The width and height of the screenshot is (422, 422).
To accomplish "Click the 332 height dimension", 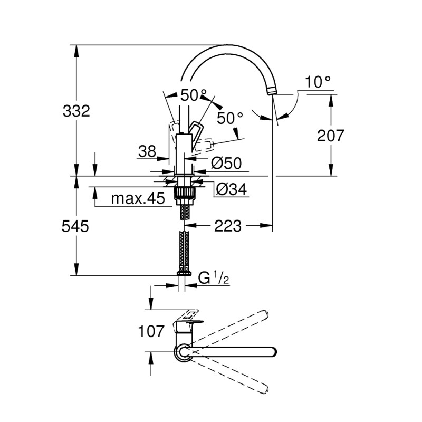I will pyautogui.click(x=77, y=111).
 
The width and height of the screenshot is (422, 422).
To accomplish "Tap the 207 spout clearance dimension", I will pyautogui.click(x=331, y=136).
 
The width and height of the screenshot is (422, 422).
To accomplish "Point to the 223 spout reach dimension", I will pyautogui.click(x=228, y=226).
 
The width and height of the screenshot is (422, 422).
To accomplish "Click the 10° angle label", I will pyautogui.click(x=318, y=82).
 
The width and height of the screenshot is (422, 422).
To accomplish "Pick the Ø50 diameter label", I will pyautogui.click(x=226, y=164).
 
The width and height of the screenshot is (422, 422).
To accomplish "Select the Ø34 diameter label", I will pyautogui.click(x=232, y=189).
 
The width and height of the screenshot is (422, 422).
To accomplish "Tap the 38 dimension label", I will pyautogui.click(x=147, y=152).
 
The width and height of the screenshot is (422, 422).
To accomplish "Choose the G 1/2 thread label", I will pyautogui.click(x=214, y=278).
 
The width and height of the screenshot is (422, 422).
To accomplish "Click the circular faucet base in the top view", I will pyautogui.click(x=183, y=352).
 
